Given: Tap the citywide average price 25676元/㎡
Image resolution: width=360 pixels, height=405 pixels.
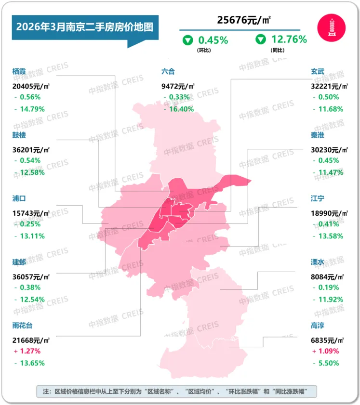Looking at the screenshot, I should point(243,20).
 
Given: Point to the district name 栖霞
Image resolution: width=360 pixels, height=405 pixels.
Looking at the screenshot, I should point(19,71).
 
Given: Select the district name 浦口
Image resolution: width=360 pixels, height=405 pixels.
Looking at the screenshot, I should point(19,198).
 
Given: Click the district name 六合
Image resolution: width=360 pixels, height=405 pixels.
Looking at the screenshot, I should point(168,71).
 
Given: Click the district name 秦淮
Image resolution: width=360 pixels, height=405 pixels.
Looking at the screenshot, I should point(318,135).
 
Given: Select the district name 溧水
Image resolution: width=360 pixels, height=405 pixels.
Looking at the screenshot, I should point(318,262).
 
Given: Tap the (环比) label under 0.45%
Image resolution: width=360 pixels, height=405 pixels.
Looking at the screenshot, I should point(202,51).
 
